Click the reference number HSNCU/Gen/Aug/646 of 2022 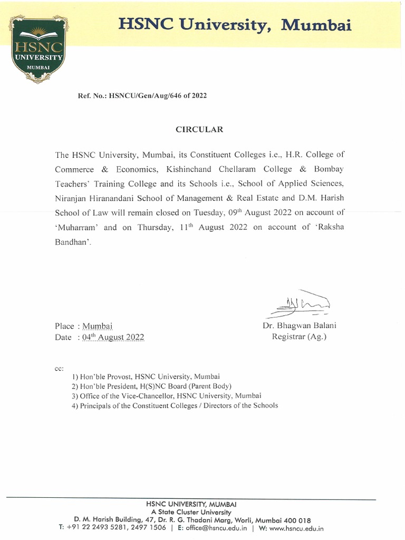[x=142, y=96]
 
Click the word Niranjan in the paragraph [x=70, y=199]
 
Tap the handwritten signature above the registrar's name [x=298, y=303]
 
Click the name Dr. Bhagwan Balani [x=299, y=325]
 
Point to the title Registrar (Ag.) [x=299, y=336]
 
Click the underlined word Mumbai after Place [x=97, y=326]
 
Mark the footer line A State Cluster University [x=190, y=512]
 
